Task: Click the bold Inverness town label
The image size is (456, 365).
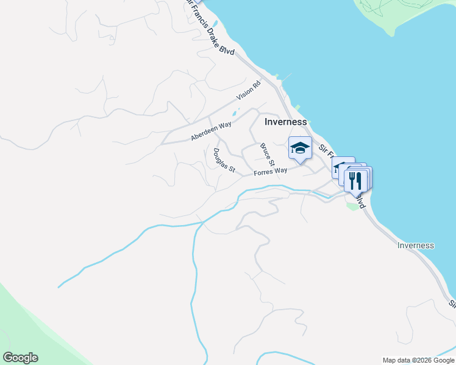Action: [x=285, y=122]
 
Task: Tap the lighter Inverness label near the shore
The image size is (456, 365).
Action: [x=415, y=246]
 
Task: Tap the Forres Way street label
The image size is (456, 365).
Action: [x=270, y=172]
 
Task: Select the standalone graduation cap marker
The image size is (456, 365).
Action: [x=300, y=148]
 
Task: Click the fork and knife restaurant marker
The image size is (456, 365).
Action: [x=355, y=180]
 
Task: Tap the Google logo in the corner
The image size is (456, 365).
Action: [x=20, y=358]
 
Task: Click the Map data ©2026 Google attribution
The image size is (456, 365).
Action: [x=418, y=360]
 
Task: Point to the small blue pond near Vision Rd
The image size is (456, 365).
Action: [x=233, y=114]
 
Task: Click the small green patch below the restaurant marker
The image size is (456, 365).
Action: [x=352, y=206]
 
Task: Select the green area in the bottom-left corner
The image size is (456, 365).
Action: [x=24, y=322]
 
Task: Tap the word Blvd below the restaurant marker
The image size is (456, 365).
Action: [x=361, y=201]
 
